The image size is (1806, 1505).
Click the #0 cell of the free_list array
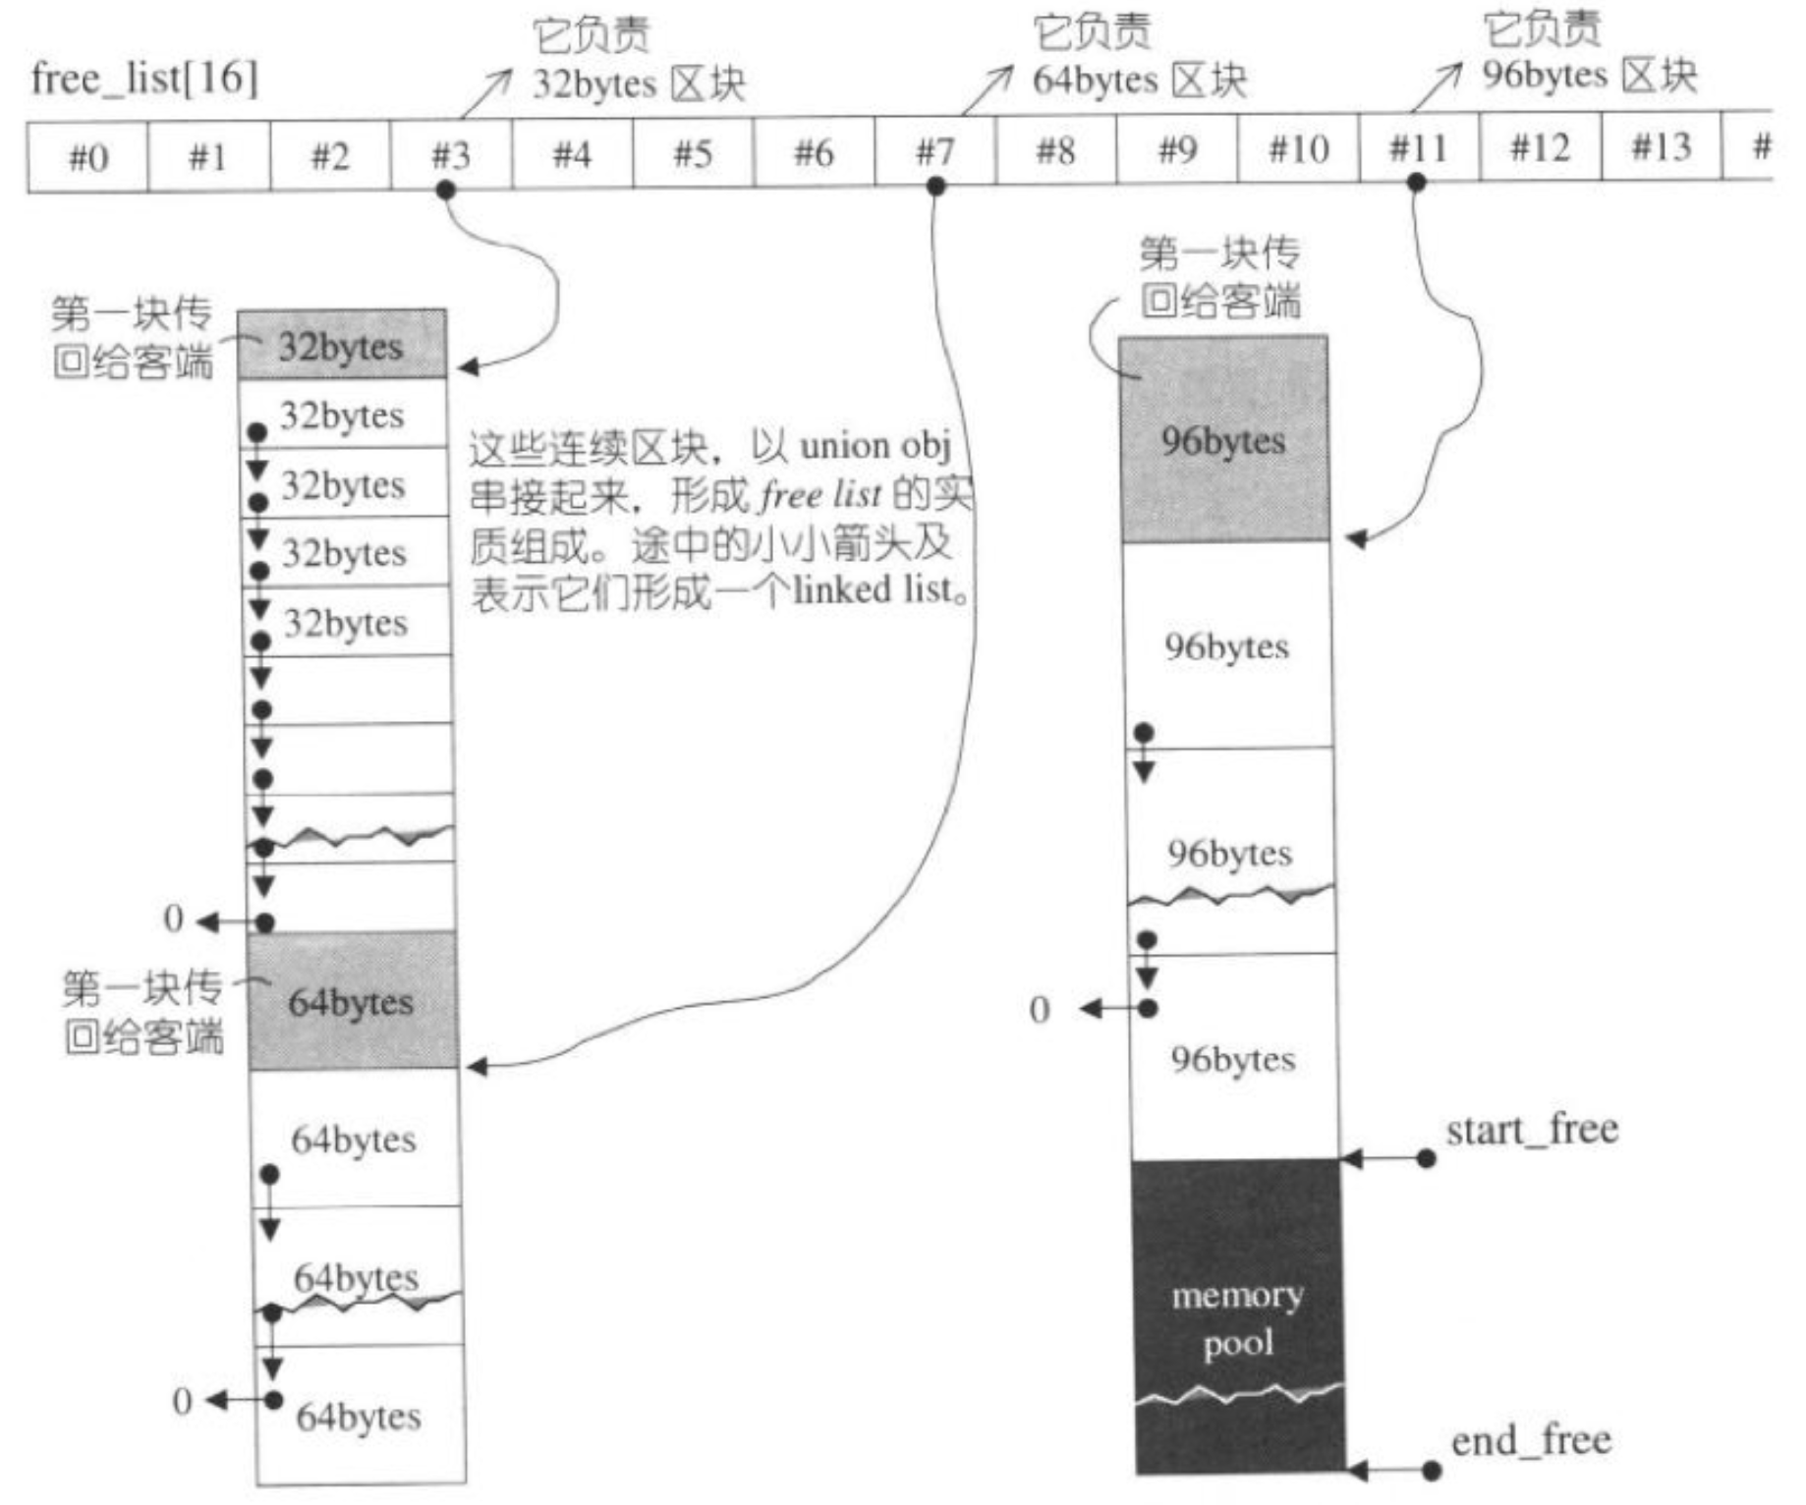click(x=87, y=157)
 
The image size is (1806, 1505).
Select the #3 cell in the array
click(x=451, y=154)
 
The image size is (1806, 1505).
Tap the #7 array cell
click(x=935, y=151)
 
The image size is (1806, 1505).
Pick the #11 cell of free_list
click(x=1419, y=148)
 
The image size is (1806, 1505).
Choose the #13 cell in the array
click(x=1662, y=146)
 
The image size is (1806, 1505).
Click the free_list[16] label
click(x=144, y=78)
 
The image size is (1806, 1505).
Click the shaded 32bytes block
click(x=342, y=345)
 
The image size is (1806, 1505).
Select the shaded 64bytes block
click(x=353, y=1001)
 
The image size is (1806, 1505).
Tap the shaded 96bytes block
click(x=1224, y=439)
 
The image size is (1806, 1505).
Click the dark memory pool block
click(x=1239, y=1317)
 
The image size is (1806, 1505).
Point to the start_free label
click(x=1532, y=1131)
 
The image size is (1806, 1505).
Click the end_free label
click(x=1531, y=1441)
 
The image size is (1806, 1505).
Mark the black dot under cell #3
click(x=446, y=190)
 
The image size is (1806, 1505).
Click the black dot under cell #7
click(x=935, y=186)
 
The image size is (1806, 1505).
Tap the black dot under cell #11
click(x=1416, y=182)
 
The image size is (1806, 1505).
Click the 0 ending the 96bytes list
click(x=1040, y=1010)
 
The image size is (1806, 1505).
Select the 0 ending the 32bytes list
click(x=174, y=919)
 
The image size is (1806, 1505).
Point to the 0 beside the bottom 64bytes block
click(x=182, y=1401)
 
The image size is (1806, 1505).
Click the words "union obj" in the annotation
click(x=875, y=447)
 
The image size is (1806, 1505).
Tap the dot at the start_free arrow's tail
click(x=1427, y=1159)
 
